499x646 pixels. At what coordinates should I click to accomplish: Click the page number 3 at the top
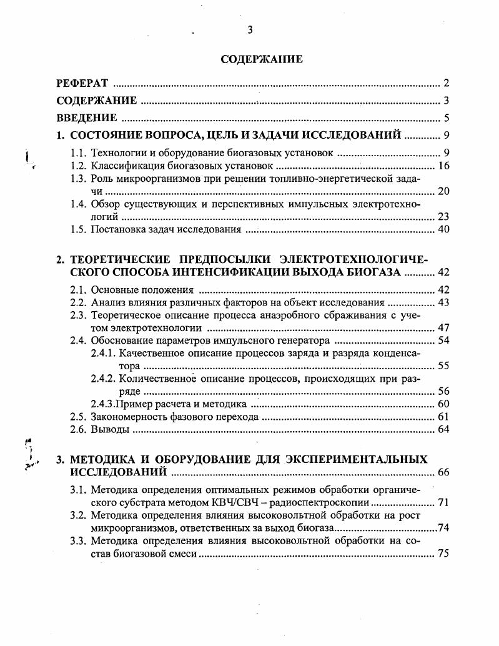point(250,30)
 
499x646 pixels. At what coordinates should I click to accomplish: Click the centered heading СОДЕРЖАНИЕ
point(262,59)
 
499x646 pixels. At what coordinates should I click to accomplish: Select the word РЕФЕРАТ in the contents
point(82,83)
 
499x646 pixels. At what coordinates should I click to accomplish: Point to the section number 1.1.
point(78,152)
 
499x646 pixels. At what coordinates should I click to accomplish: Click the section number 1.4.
point(78,204)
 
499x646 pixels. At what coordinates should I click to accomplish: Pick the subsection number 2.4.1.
point(103,353)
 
